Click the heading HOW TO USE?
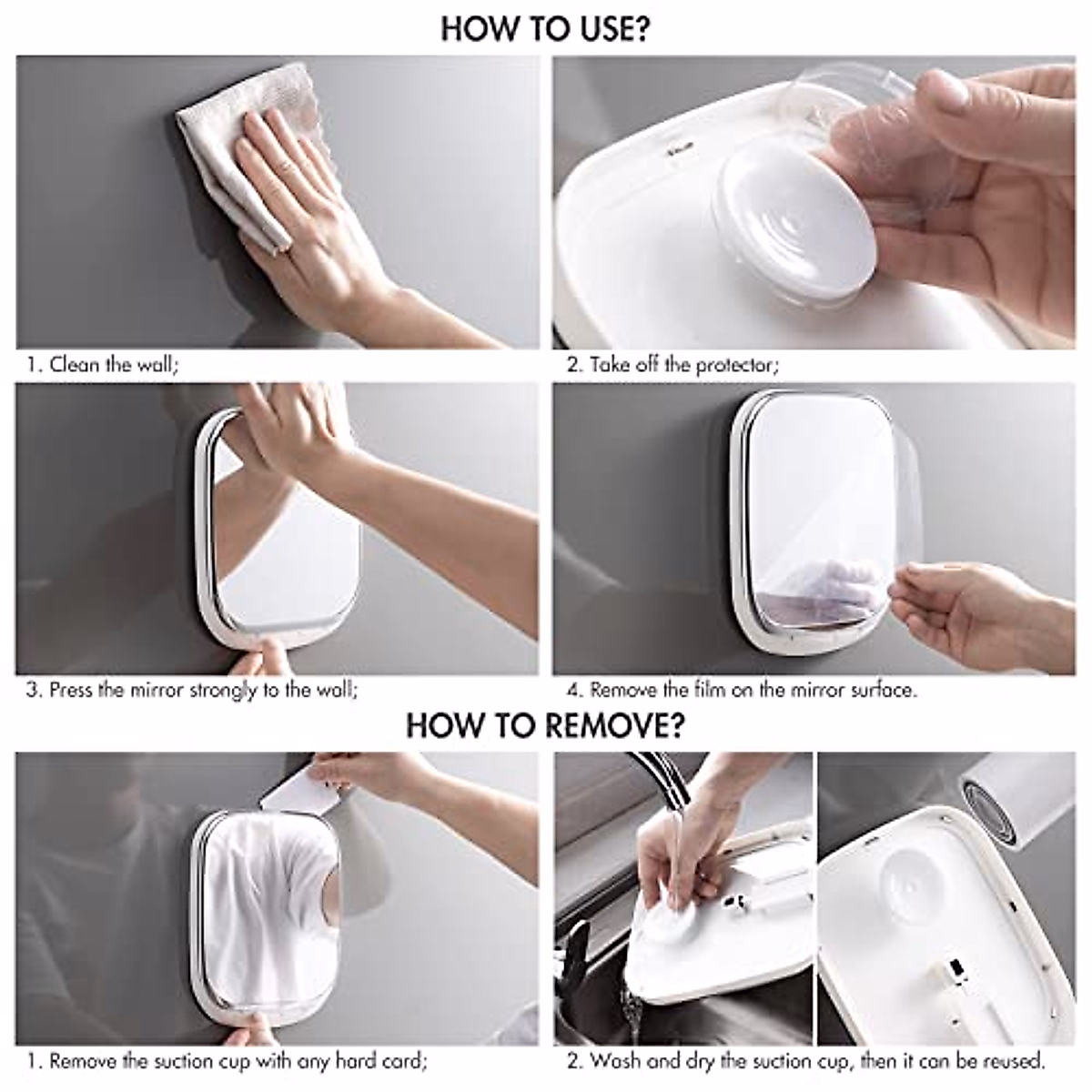pyautogui.click(x=545, y=28)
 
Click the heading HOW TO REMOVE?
pyautogui.click(x=545, y=725)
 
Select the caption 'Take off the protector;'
pyautogui.click(x=672, y=365)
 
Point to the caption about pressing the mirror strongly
pyautogui.click(x=192, y=690)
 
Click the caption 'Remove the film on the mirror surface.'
pyautogui.click(x=742, y=690)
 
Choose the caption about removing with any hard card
pyautogui.click(x=227, y=1061)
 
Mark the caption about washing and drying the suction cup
pyautogui.click(x=805, y=1061)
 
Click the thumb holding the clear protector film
pyautogui.click(x=946, y=100)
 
